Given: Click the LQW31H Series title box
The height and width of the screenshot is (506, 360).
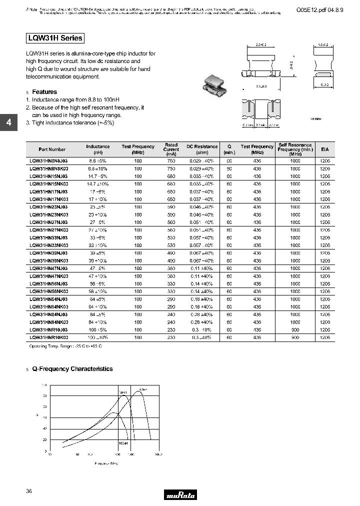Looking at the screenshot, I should pyautogui.click(x=54, y=38).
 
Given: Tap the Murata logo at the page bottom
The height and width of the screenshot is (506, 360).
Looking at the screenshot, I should pyautogui.click(x=180, y=495).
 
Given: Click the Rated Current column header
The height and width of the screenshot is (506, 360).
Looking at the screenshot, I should pyautogui.click(x=171, y=149).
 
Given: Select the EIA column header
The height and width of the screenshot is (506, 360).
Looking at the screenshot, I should pyautogui.click(x=325, y=149).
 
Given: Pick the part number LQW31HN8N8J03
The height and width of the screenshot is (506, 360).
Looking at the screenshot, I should pyautogui.click(x=48, y=161).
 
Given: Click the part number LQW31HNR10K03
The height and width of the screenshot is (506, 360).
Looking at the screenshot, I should pyautogui.click(x=48, y=337).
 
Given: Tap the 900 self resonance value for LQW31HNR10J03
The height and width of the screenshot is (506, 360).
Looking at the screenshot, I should pyautogui.click(x=295, y=329).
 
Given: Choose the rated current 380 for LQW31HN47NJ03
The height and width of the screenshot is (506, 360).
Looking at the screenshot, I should pyautogui.click(x=171, y=268).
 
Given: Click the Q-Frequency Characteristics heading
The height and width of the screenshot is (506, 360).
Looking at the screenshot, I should pyautogui.click(x=72, y=369).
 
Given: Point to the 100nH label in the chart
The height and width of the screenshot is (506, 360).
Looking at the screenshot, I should pyautogui.click(x=123, y=443).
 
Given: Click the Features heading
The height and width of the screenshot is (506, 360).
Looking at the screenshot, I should pyautogui.click(x=44, y=92).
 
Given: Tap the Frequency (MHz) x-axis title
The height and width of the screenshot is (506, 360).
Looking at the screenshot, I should pyautogui.click(x=106, y=463).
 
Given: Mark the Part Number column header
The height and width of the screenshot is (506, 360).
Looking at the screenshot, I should pyautogui.click(x=52, y=149).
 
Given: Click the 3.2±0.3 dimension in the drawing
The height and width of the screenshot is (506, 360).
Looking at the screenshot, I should pyautogui.click(x=260, y=86).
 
